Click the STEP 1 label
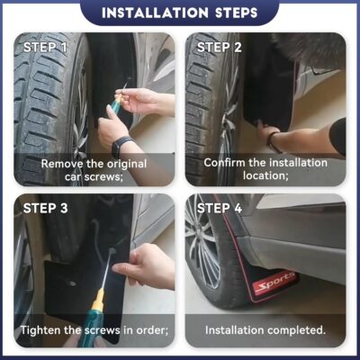pyautogui.click(x=45, y=47)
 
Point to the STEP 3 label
pyautogui.click(x=45, y=209)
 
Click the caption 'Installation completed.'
pyautogui.click(x=266, y=329)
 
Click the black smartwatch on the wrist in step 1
pyautogui.click(x=121, y=145)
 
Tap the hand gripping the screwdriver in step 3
pyautogui.click(x=142, y=265)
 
